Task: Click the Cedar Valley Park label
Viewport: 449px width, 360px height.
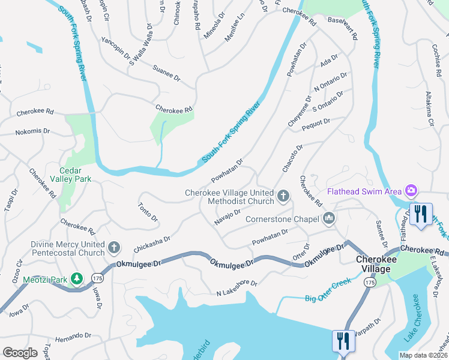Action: (x=74, y=174)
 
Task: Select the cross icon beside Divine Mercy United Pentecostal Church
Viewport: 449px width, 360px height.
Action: (x=115, y=247)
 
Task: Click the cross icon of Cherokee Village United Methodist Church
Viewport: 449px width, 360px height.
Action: (x=283, y=196)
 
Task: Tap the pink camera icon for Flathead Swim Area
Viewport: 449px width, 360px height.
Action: (x=411, y=191)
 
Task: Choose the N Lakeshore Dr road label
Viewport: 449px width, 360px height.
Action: (x=237, y=287)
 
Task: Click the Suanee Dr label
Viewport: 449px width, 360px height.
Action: (x=166, y=73)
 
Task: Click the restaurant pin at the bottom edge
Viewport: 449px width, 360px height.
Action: (x=343, y=341)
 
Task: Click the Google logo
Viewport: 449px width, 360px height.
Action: (x=20, y=353)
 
